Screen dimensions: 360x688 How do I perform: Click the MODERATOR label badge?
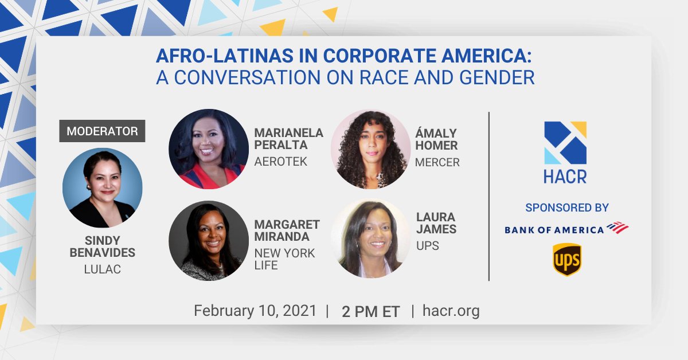click(102, 131)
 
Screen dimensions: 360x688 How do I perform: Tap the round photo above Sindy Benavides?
click(102, 188)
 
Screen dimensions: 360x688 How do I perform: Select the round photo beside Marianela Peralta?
click(209, 149)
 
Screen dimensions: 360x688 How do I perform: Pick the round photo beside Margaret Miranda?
click(209, 241)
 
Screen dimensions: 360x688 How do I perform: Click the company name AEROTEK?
click(281, 162)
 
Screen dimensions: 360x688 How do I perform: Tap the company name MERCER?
click(437, 162)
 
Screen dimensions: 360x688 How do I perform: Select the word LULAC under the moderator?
click(102, 269)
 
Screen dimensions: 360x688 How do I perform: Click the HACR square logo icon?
click(565, 143)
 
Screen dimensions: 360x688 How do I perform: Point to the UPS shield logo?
click(566, 260)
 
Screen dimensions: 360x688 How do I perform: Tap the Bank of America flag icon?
click(617, 228)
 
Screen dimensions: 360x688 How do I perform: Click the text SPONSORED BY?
click(566, 208)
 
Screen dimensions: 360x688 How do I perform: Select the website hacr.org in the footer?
click(451, 311)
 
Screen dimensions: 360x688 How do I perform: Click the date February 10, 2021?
click(255, 311)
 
